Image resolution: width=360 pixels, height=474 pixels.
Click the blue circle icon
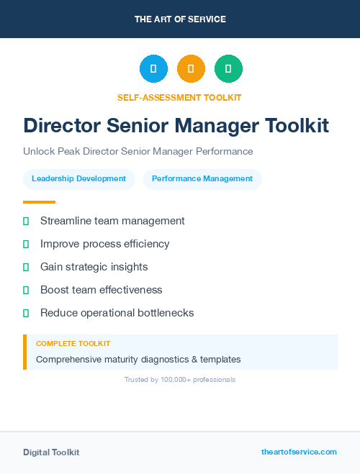pyautogui.click(x=153, y=68)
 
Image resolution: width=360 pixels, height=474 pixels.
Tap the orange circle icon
pyautogui.click(x=191, y=68)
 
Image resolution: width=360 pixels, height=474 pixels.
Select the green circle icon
pyautogui.click(x=228, y=68)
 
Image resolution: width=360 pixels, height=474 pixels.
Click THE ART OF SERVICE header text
pyautogui.click(x=180, y=19)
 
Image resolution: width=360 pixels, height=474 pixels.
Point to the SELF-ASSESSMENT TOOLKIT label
pyautogui.click(x=179, y=97)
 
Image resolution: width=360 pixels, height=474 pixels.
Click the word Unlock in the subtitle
pyautogui.click(x=37, y=152)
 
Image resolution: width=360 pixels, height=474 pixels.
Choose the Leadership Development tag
pyautogui.click(x=79, y=179)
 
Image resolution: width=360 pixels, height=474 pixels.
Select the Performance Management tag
pyautogui.click(x=202, y=179)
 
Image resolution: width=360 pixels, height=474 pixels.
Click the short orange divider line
pyautogui.click(x=39, y=202)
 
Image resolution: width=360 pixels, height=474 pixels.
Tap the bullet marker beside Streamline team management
pyautogui.click(x=26, y=221)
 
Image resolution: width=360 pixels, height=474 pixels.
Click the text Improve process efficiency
pyautogui.click(x=104, y=244)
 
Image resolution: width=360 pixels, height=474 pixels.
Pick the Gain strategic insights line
pyautogui.click(x=94, y=267)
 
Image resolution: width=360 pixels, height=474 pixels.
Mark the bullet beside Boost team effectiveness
pyautogui.click(x=26, y=290)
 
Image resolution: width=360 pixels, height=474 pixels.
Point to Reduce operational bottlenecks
pyautogui.click(x=117, y=313)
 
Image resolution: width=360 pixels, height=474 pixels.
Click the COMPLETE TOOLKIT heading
pyautogui.click(x=73, y=344)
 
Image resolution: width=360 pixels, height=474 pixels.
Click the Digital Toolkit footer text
pyautogui.click(x=51, y=452)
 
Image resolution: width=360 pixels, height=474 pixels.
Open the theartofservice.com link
pyautogui.click(x=299, y=452)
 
